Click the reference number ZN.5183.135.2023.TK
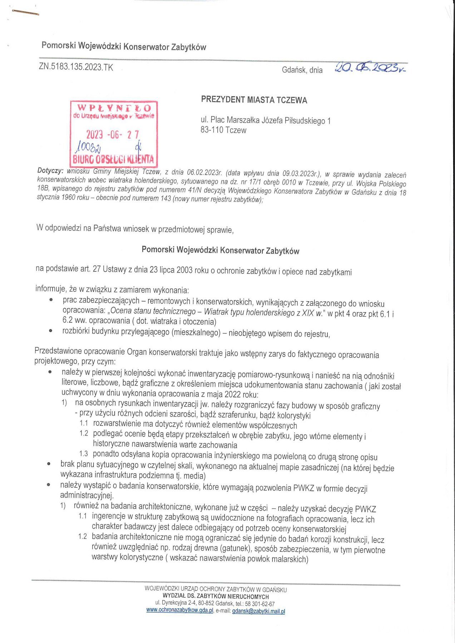[76, 67]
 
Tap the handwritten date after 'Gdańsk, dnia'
[370, 67]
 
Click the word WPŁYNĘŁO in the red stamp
[114, 108]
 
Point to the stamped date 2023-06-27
[112, 135]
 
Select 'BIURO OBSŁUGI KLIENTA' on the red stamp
[113, 159]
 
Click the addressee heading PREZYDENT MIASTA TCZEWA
[254, 100]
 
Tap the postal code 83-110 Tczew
[223, 130]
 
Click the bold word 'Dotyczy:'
[50, 171]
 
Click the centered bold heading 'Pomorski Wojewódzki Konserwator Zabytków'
[220, 250]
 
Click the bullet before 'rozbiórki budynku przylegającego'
[51, 331]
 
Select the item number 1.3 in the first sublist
[83, 454]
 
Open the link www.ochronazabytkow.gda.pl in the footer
[180, 610]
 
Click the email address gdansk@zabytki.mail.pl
[258, 611]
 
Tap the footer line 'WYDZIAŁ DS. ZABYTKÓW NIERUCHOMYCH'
[216, 596]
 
